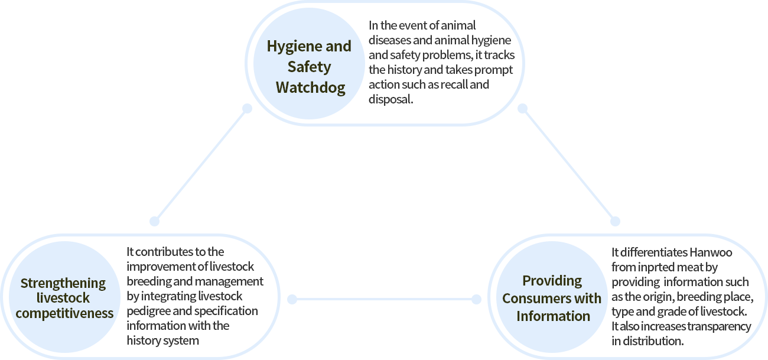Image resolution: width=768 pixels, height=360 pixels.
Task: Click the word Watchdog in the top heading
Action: (310, 88)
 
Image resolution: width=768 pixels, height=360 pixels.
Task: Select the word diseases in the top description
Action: (388, 40)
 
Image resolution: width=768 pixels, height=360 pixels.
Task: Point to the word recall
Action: (451, 85)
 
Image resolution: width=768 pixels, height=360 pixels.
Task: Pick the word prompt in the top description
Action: (493, 70)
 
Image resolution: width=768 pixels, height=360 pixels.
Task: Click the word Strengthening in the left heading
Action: (63, 283)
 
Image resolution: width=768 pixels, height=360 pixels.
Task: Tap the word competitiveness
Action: (64, 313)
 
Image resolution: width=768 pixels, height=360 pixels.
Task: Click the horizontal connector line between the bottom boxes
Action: (384, 300)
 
